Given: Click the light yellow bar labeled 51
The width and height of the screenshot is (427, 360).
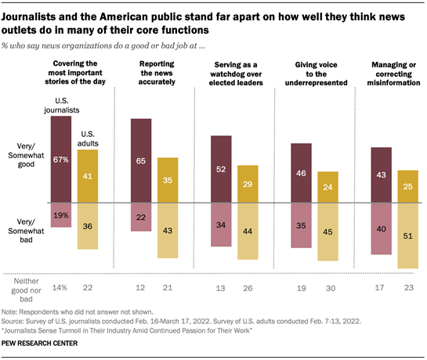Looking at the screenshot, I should [407, 236].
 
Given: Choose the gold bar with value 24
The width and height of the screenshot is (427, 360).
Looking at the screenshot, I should [327, 187].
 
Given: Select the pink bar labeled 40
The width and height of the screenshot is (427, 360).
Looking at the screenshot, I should [382, 229].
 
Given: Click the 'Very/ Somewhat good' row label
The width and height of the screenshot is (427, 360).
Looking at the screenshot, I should [25, 160].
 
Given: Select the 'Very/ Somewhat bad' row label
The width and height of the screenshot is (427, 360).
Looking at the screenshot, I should [25, 221].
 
